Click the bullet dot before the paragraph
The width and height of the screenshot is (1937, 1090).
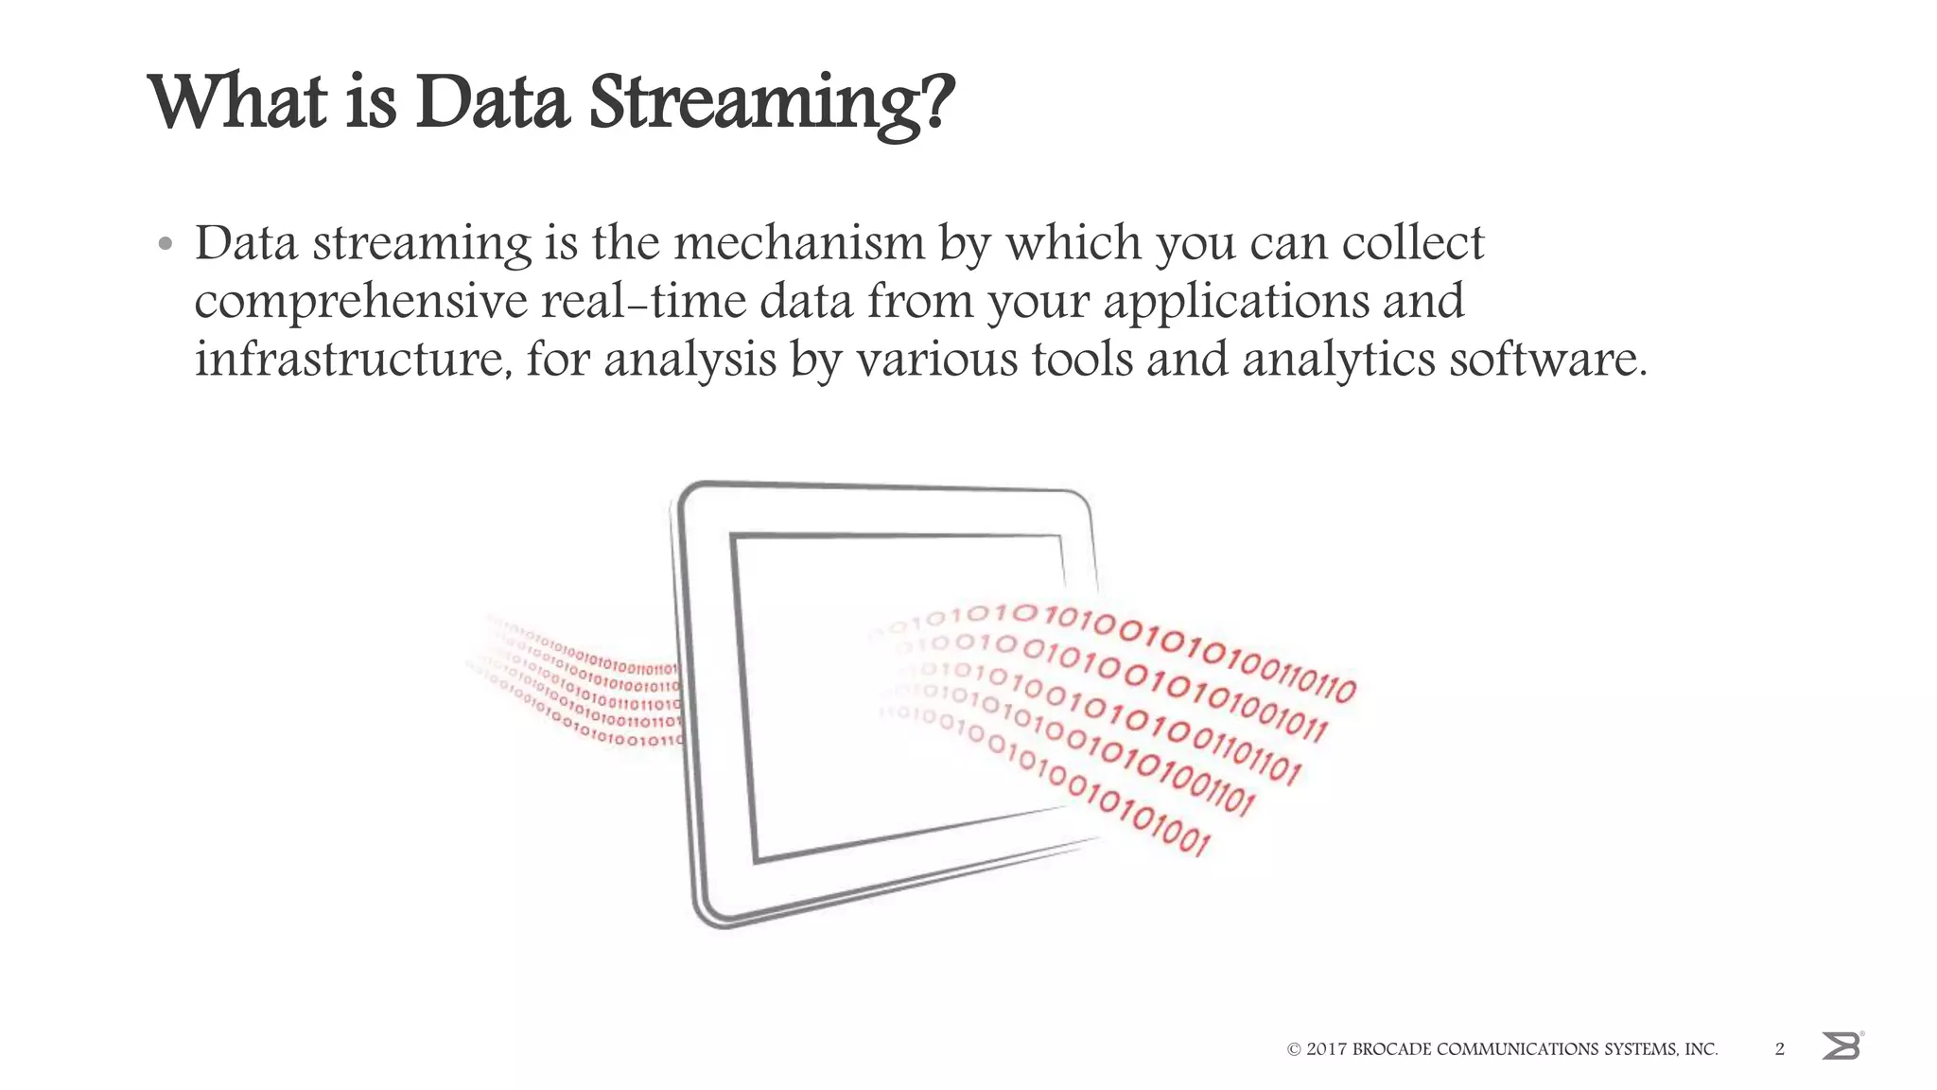click(166, 245)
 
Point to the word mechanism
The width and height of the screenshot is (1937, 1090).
click(798, 243)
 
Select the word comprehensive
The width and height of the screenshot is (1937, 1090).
click(361, 303)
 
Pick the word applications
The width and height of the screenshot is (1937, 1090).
click(1235, 303)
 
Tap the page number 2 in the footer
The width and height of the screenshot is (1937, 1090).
click(1780, 1048)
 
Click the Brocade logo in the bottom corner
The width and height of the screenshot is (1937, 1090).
click(1841, 1046)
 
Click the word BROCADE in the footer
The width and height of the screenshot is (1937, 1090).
click(1392, 1049)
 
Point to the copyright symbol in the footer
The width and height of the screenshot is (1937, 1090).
click(1294, 1049)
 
